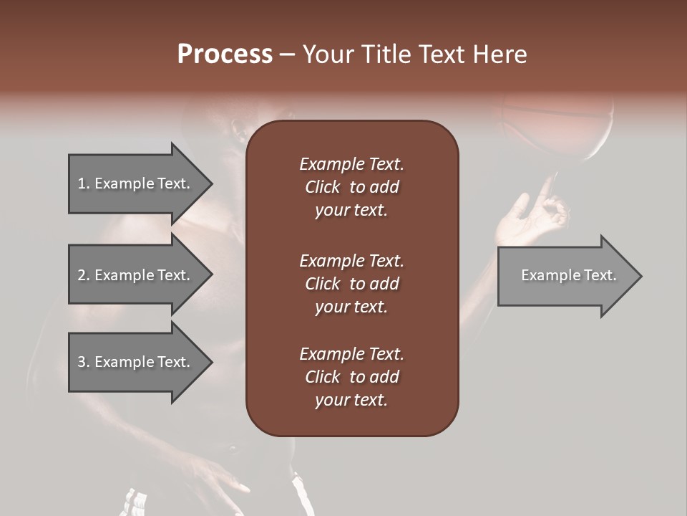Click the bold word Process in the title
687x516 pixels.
point(225,54)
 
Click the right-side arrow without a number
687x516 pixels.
point(568,275)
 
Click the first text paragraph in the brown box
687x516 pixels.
point(351,187)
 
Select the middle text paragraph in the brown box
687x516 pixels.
point(351,283)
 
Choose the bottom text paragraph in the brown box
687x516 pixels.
point(351,377)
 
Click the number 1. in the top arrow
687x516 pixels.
point(84,183)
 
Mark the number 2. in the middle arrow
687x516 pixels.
point(84,275)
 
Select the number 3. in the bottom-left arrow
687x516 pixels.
point(84,362)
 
